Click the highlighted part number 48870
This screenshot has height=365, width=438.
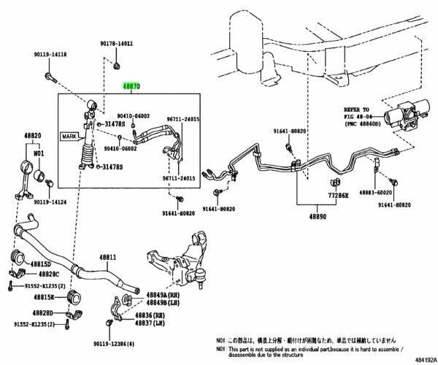point(132,85)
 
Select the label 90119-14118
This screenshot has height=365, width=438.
point(49,55)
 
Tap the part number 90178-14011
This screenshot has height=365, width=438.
point(117,44)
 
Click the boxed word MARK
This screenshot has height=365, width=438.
point(69,137)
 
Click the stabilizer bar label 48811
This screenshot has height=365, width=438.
point(109,258)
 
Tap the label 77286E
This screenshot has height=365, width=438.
point(337,196)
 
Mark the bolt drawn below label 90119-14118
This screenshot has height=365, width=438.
point(49,75)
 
